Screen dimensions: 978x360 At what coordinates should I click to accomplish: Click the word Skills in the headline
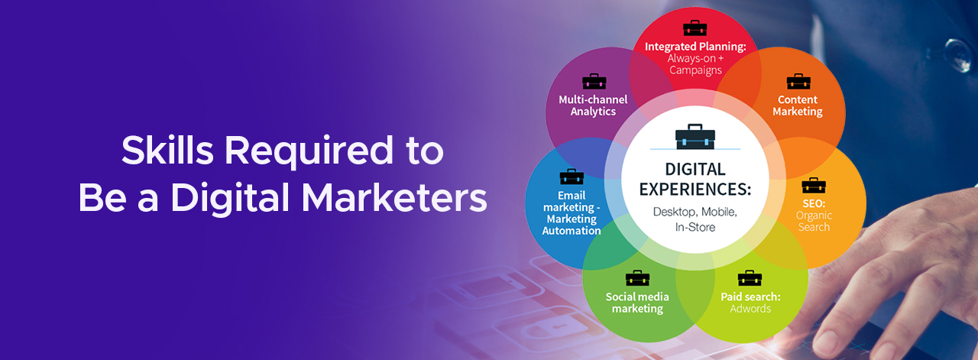point(167,150)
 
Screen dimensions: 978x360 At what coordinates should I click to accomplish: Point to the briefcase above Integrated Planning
point(695,28)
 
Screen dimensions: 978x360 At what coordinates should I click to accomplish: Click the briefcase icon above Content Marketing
point(798,81)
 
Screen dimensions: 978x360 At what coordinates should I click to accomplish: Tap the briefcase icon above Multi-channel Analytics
point(594,81)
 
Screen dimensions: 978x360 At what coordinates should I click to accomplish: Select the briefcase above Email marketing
point(572,177)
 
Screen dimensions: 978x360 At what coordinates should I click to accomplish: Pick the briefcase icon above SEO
point(814,185)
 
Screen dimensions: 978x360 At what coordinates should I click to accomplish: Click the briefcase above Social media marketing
point(637,278)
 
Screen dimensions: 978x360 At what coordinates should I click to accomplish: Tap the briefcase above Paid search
point(750,278)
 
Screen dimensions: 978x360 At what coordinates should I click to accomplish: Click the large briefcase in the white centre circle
point(695,137)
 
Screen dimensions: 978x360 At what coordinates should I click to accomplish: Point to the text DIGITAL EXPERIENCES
point(695,179)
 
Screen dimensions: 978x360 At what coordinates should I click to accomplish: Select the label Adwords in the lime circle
point(750,309)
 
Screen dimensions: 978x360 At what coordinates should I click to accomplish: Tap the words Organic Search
point(814,221)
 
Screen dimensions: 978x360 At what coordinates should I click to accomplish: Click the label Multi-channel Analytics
point(594,105)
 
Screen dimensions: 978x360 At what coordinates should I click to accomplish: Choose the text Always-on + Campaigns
point(695,64)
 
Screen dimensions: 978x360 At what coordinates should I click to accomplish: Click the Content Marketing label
point(798,105)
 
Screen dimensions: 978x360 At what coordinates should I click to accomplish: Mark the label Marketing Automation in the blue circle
point(572,225)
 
